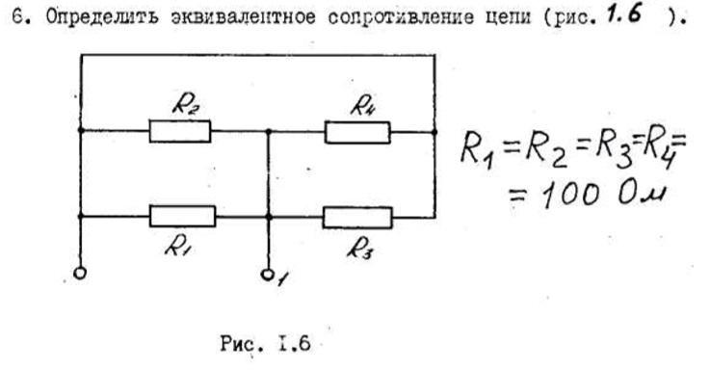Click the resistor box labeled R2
click(x=180, y=131)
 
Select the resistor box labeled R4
click(x=357, y=132)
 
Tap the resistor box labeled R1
click(x=182, y=216)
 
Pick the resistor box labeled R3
click(x=357, y=218)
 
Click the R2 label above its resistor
click(x=186, y=105)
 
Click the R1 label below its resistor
click(x=176, y=247)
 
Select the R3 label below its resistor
click(x=360, y=249)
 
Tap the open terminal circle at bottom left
click(x=80, y=274)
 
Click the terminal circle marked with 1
click(x=267, y=275)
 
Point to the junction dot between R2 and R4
click(x=269, y=132)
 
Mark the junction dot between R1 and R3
click(x=269, y=217)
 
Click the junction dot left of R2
click(x=81, y=130)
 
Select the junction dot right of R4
click(x=434, y=132)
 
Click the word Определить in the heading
click(x=103, y=16)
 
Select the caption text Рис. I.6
click(x=265, y=343)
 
